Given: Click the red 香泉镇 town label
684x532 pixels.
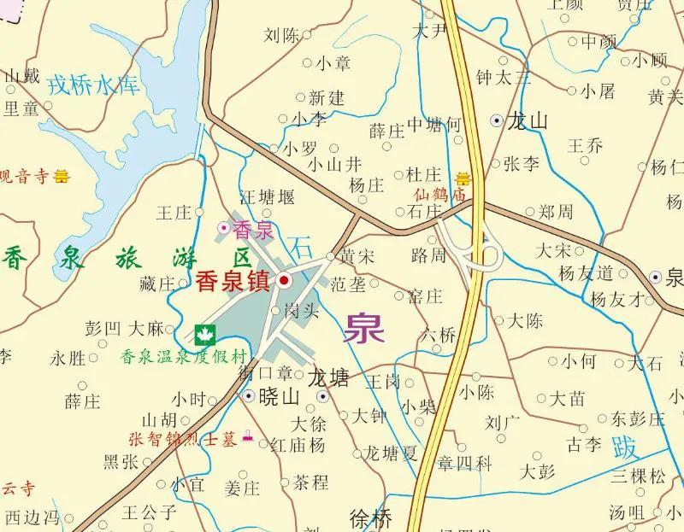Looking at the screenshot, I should [233, 281].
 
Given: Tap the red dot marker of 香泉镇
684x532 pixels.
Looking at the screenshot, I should [285, 280].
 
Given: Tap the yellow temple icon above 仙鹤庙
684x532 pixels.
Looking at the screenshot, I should [463, 178].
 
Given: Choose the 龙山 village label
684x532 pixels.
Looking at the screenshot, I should [527, 121].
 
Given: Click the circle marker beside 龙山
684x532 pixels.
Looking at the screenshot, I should [497, 121].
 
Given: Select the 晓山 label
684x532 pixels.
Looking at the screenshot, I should [279, 396].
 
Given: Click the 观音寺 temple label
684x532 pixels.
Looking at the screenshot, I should [23, 178].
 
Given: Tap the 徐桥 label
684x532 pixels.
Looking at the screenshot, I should [371, 517].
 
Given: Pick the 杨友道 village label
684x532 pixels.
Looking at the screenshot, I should [586, 273].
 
